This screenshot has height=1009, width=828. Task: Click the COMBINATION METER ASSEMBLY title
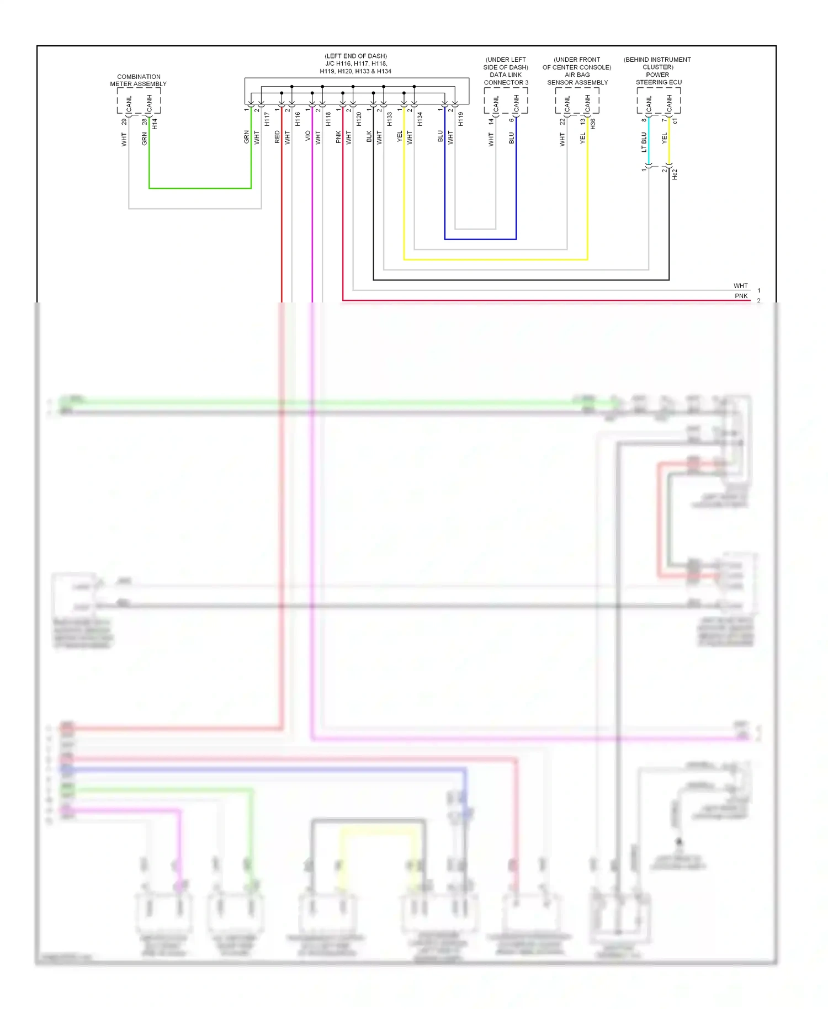(x=138, y=81)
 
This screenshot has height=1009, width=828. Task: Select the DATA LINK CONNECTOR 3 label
(x=506, y=78)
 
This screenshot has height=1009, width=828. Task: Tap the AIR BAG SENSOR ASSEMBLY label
(x=577, y=78)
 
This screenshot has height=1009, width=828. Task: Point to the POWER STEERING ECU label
(x=658, y=78)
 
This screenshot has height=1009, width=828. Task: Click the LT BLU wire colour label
(x=644, y=142)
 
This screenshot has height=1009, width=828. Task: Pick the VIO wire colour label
(x=308, y=136)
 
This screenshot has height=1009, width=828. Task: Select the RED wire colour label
(x=277, y=137)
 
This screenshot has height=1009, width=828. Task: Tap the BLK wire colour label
(x=369, y=137)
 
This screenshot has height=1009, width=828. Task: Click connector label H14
(x=155, y=124)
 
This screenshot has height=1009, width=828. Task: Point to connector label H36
(x=593, y=124)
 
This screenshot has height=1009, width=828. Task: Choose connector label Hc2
(x=675, y=174)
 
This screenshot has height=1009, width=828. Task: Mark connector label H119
(x=460, y=119)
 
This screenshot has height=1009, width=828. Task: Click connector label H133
(x=389, y=119)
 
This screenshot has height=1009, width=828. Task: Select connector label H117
(x=267, y=119)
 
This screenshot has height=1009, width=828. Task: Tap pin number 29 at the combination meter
(x=124, y=121)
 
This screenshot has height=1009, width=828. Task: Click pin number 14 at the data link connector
(x=491, y=121)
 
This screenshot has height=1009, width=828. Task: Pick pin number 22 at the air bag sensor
(x=562, y=121)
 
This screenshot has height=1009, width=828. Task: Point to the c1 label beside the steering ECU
(x=675, y=120)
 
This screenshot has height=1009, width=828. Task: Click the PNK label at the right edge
(x=741, y=296)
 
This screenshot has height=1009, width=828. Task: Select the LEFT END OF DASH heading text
(x=355, y=56)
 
